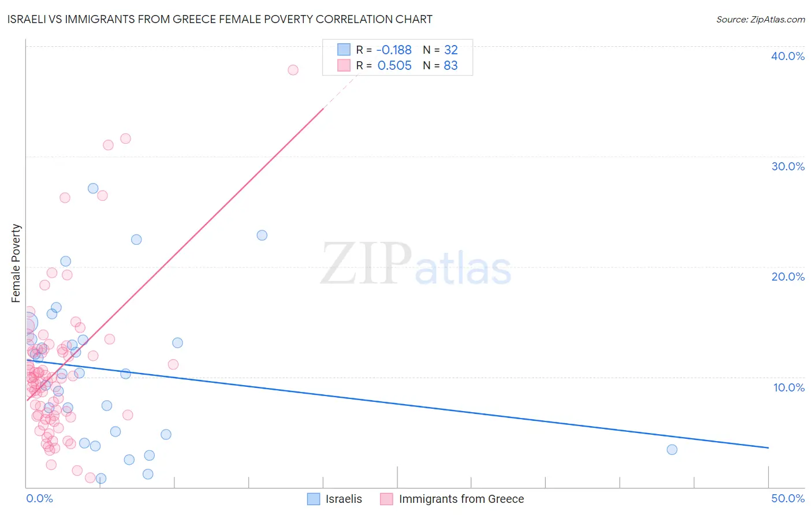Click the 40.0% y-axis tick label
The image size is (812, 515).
point(788,56)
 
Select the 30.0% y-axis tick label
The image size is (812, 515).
point(788,166)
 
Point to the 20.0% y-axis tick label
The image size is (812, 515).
point(788,277)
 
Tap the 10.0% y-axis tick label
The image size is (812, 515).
point(789,387)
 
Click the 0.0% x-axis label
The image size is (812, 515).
point(39,498)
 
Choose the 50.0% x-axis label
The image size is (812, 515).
point(788,498)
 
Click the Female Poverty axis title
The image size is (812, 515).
point(16,263)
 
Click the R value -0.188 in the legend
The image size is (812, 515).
point(394,50)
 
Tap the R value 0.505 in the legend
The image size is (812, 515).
point(394,66)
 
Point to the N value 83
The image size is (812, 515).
point(450,66)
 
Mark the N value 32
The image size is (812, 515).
point(450,50)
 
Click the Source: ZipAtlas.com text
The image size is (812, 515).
point(760,20)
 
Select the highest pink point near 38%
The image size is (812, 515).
point(293,70)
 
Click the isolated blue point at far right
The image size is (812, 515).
point(672,450)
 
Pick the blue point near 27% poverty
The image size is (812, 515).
point(93,188)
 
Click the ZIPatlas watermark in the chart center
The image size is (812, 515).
point(416,264)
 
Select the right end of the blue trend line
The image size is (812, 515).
point(768,447)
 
